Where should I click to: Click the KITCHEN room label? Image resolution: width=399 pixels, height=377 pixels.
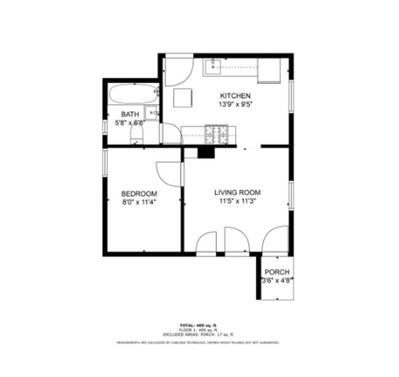click(235, 95)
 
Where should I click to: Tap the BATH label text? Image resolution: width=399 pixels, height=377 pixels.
click(130, 114)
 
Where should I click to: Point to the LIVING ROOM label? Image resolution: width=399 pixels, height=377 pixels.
click(236, 192)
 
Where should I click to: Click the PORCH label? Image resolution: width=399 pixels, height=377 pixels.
click(277, 272)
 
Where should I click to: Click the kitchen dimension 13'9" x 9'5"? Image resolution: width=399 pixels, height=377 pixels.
click(235, 104)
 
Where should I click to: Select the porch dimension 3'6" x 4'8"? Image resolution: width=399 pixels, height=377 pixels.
click(277, 281)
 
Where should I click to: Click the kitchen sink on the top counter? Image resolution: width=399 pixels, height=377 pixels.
click(213, 65)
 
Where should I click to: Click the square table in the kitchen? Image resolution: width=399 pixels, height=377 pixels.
click(182, 98)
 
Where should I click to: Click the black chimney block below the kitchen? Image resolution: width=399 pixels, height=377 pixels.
click(206, 153)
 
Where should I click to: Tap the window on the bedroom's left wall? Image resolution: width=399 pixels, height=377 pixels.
click(104, 162)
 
